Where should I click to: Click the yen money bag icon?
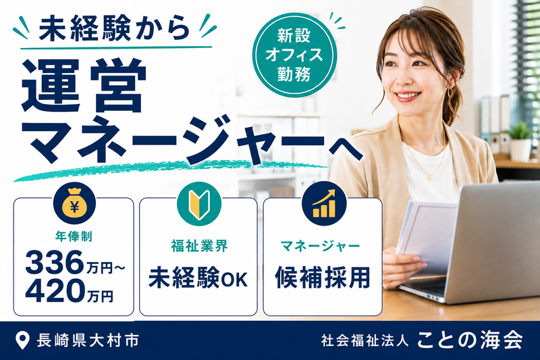click(x=75, y=204)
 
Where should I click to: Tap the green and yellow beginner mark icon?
click(x=199, y=204)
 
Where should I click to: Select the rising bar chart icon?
click(x=324, y=203)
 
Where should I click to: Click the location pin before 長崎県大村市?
click(x=22, y=340)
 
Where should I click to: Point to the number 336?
click(x=55, y=262)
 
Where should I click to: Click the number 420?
click(x=55, y=290)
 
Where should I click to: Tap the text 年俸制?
click(x=74, y=236)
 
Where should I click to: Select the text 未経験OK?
click(x=198, y=278)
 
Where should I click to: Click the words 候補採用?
click(x=323, y=277)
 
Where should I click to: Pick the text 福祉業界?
click(x=199, y=246)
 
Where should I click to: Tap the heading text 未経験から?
click(x=114, y=28)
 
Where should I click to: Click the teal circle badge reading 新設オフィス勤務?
click(x=294, y=55)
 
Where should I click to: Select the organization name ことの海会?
click(x=470, y=340)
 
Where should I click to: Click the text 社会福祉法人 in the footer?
click(x=365, y=340)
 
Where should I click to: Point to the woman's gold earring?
click(x=450, y=93)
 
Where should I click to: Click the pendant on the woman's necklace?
click(x=430, y=178)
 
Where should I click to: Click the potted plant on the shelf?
click(x=520, y=141)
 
